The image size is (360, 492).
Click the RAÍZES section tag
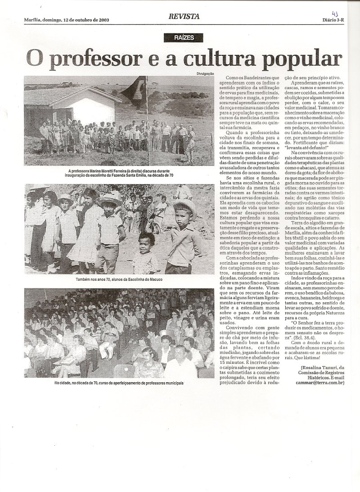(184, 38)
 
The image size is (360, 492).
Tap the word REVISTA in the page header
(184, 17)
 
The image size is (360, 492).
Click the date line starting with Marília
(66, 20)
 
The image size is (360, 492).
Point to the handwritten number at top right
(335, 14)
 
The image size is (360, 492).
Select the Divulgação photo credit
(205, 73)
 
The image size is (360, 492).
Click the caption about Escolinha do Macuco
(119, 280)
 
